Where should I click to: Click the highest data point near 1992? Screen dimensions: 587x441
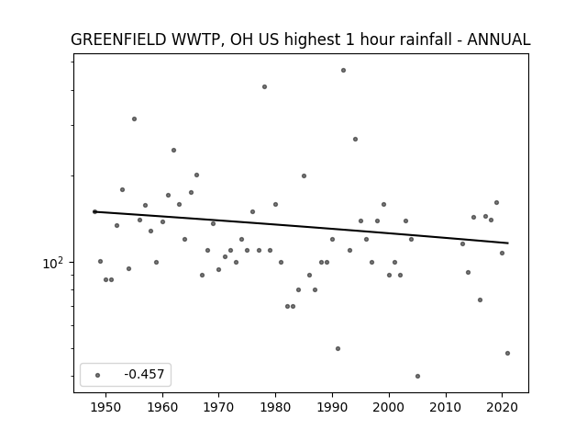(x=343, y=71)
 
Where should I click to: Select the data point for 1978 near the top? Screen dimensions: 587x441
(x=265, y=87)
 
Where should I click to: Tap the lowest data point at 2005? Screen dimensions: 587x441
(x=418, y=376)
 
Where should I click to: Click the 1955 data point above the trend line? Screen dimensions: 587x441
(x=135, y=119)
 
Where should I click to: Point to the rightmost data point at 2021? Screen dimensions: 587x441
(x=507, y=353)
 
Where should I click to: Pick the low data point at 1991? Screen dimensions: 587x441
(x=338, y=349)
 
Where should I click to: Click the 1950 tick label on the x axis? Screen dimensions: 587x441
(x=106, y=407)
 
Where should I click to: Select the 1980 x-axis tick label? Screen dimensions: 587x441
(x=275, y=407)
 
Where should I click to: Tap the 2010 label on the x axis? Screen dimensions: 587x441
(x=446, y=407)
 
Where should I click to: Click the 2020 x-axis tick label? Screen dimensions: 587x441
(x=502, y=407)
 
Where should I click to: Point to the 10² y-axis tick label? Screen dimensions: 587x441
(x=53, y=263)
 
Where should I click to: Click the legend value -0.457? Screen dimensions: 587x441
(x=144, y=374)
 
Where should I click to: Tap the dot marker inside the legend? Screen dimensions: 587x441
(x=98, y=375)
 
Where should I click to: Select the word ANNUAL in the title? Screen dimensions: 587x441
(x=499, y=40)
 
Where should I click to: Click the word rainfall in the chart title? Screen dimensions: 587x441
(x=426, y=40)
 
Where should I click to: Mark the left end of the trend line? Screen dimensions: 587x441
(x=94, y=212)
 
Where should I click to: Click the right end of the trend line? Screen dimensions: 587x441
(x=508, y=243)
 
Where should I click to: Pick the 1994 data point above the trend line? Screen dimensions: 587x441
(x=355, y=140)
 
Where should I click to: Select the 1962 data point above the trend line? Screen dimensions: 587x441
(x=173, y=151)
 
